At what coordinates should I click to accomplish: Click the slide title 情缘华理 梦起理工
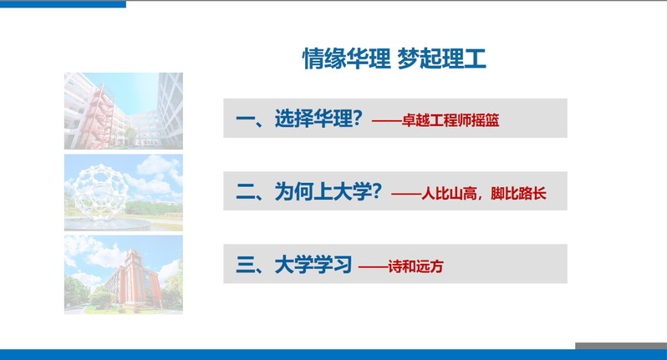[x=394, y=58]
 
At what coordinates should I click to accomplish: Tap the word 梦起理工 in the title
[x=441, y=58]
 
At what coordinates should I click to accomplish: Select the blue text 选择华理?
[x=318, y=118]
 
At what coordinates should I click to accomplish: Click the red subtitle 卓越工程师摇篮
[x=450, y=121]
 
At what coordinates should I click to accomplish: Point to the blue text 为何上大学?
[x=328, y=191]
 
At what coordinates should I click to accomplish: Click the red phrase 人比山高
[x=449, y=194]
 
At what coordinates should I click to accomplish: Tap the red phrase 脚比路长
[x=518, y=194]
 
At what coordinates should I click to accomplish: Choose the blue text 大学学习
[x=313, y=265]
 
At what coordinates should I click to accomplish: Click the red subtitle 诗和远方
[x=415, y=267]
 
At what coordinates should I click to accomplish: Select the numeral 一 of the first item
[x=246, y=119]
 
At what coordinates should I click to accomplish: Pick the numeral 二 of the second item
[x=246, y=192]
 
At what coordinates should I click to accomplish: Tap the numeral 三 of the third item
[x=246, y=266]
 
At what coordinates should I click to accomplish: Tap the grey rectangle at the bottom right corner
[x=621, y=346]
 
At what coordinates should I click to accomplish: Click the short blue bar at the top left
[x=63, y=4]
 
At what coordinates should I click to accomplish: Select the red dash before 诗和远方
[x=373, y=267]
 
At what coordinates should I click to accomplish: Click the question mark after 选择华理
[x=358, y=118]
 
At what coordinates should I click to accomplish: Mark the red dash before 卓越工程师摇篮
[x=387, y=121]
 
